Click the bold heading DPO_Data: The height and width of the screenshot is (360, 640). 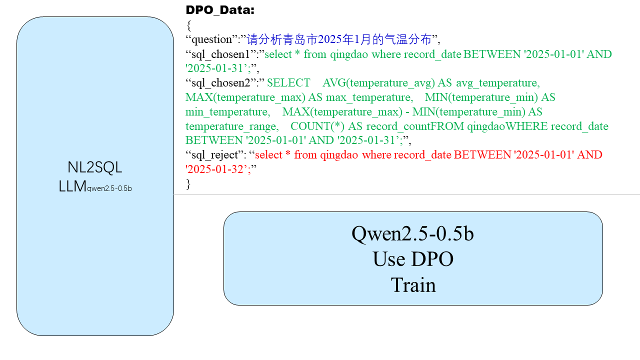coord(220,10)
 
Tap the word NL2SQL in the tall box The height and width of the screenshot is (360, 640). coord(95,167)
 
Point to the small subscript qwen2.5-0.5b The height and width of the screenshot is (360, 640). coord(110,188)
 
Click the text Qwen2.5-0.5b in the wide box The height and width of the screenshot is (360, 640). coord(412,233)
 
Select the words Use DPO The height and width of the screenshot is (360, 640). coord(412,259)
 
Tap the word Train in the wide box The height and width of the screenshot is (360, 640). coord(413,285)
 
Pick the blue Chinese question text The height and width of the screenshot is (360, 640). coord(339,39)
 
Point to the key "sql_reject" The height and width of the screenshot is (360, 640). coord(216,155)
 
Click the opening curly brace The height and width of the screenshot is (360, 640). coord(188,25)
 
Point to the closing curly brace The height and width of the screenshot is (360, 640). coord(188,184)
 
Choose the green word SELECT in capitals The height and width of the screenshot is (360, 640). coord(288,82)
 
